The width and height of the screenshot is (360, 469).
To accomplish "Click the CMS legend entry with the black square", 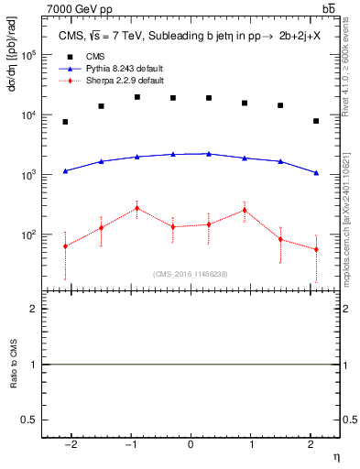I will [x=96, y=57].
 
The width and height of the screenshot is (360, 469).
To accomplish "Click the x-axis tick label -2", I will [x=70, y=443].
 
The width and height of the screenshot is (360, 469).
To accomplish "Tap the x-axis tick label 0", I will [x=191, y=443].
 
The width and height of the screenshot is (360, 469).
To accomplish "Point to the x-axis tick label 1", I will [x=251, y=443].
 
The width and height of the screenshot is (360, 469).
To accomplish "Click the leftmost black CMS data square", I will [x=65, y=122].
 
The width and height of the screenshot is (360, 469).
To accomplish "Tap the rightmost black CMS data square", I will [x=316, y=121].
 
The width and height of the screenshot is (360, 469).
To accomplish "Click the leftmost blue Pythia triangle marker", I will [x=65, y=170].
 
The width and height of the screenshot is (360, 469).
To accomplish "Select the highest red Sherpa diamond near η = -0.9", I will [x=136, y=208].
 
